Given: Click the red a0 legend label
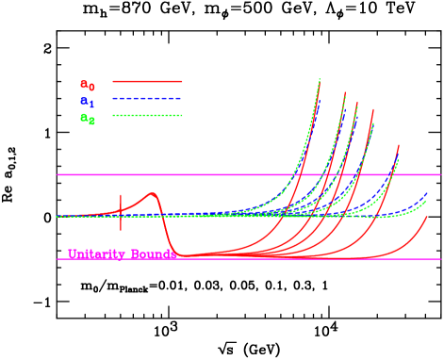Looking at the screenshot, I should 87,85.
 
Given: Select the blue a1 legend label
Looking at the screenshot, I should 87,102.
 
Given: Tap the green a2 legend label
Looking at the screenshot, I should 87,119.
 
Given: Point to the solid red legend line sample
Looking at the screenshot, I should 146,81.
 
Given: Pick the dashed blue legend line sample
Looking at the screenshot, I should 146,98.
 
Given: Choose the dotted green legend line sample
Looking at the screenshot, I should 146,115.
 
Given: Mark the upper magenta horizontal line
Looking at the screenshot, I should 245,174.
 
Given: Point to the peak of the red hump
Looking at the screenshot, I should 153,193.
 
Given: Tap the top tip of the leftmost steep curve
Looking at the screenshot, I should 320,79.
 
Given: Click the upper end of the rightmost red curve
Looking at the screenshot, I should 427,216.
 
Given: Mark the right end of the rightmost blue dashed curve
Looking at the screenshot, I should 426,193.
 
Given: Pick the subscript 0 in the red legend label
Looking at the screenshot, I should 91,88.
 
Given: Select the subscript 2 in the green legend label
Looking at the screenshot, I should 91,122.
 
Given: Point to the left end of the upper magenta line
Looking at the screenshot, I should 58,174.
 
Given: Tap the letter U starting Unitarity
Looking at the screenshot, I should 72,254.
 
